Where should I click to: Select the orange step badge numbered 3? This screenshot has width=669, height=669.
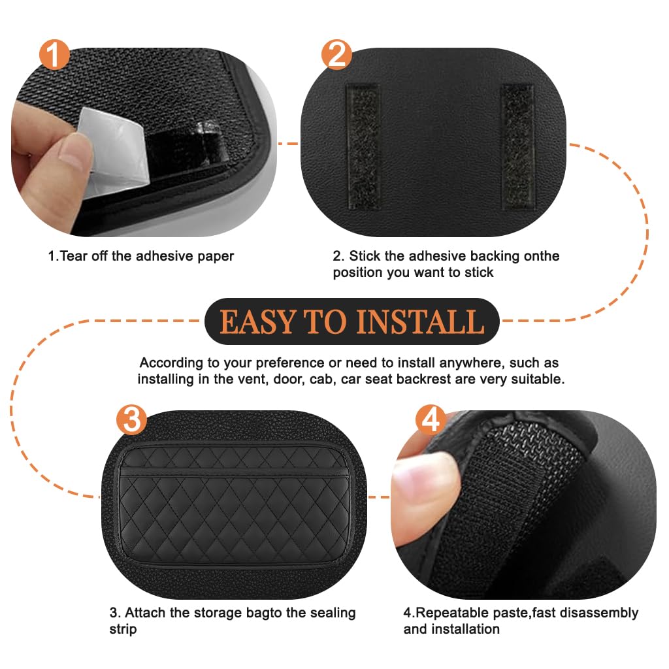[x=131, y=420]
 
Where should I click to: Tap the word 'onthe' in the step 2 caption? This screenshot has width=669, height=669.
[x=540, y=255]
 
